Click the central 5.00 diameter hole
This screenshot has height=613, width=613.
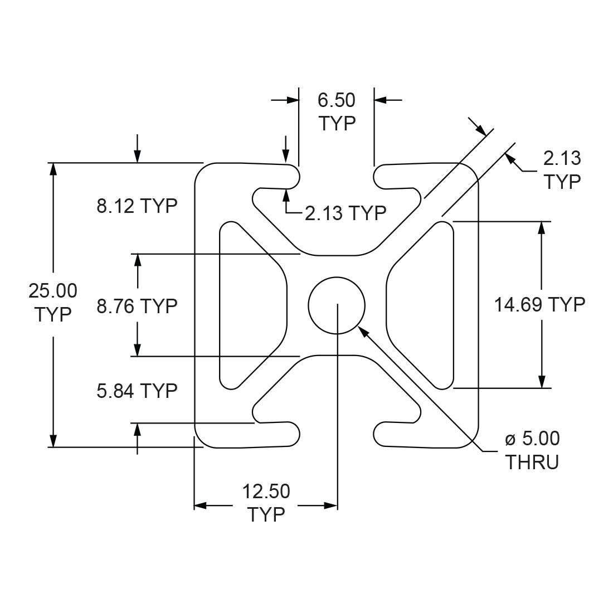pos(337,305)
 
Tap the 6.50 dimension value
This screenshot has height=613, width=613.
pos(336,100)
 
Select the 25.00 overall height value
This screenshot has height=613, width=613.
pos(53,291)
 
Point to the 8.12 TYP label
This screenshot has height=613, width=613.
pos(137,206)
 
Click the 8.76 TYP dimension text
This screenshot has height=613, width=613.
pos(137,305)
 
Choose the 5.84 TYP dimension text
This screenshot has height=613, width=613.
pos(137,391)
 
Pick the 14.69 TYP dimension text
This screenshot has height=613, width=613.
pos(539,304)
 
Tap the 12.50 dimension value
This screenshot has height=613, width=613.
pos(266,492)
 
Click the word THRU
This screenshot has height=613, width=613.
pos(532,463)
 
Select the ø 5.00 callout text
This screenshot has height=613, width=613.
pos(532,439)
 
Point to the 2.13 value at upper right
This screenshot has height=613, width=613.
pos(562,158)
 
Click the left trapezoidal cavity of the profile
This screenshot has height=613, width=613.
pos(251,305)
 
